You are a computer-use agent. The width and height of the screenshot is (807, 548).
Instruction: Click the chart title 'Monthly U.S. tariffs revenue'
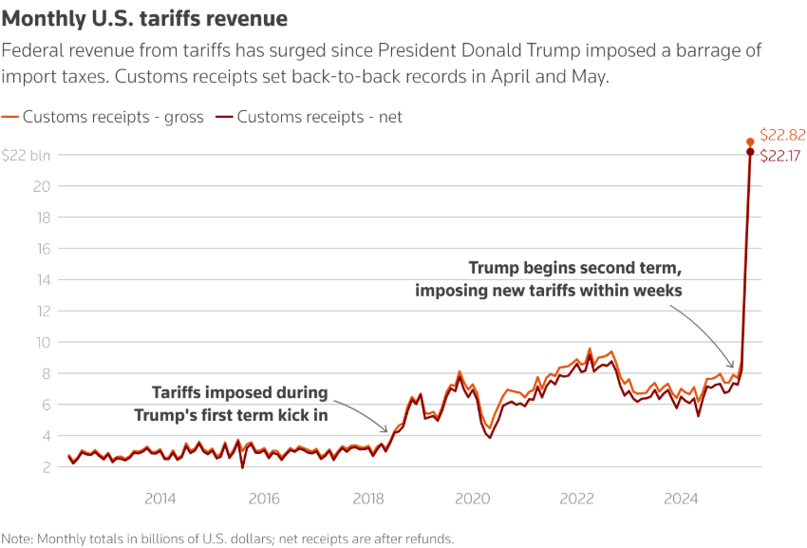(x=145, y=19)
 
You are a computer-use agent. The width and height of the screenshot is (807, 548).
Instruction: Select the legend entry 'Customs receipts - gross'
(x=103, y=117)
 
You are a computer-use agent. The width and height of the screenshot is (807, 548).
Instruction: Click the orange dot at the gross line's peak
(x=750, y=142)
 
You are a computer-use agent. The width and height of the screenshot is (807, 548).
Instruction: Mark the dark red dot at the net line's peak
(x=750, y=152)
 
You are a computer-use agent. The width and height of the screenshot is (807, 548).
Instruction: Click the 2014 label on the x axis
(x=160, y=498)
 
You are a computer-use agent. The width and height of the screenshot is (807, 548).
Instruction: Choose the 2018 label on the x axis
(x=367, y=498)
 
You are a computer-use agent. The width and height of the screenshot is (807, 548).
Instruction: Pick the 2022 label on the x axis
(x=576, y=498)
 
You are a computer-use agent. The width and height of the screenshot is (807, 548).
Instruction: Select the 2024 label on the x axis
(x=681, y=498)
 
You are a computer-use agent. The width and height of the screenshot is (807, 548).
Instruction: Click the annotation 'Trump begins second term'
(x=575, y=269)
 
